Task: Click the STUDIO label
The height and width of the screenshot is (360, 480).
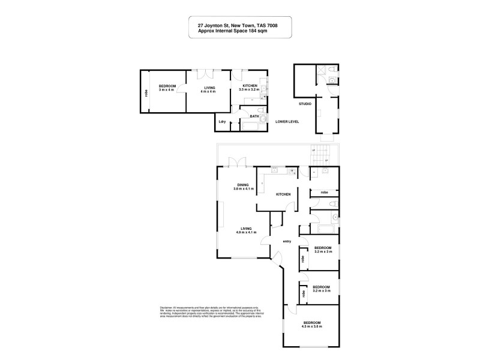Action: pos(305,104)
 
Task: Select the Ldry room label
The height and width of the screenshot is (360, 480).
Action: pos(222,122)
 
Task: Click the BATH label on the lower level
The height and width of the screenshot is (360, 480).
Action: pos(254,116)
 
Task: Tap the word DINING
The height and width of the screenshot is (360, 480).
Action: pos(244,185)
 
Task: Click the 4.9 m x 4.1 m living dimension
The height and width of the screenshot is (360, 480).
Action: pos(245,232)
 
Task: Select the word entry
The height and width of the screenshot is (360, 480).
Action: pos(286,241)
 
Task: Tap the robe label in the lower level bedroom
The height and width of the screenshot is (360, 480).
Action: pos(146,93)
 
